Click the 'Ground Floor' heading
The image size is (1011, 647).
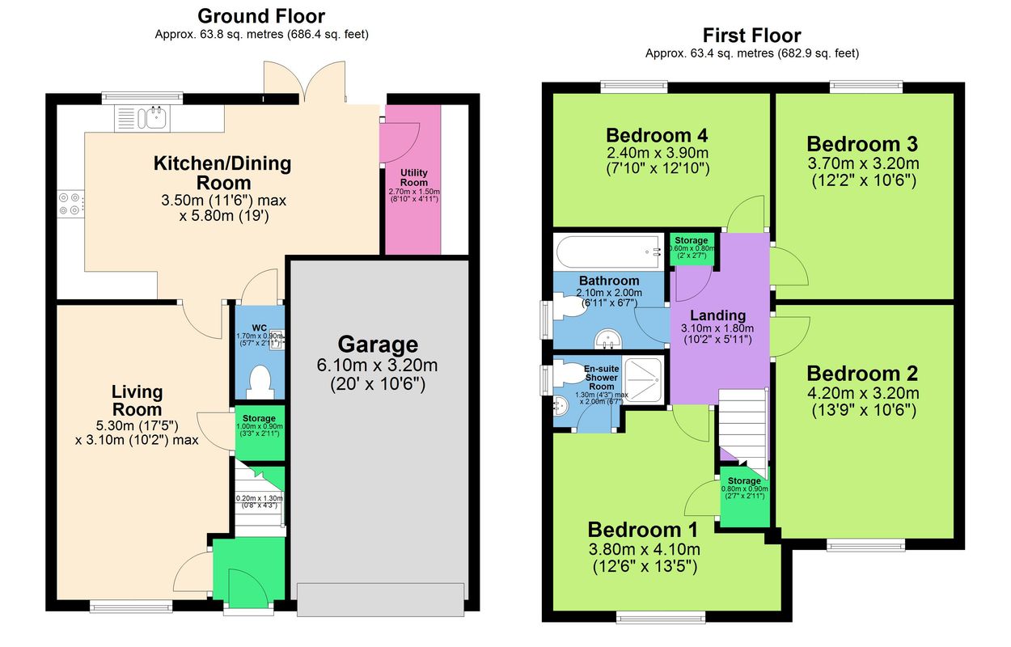[x=261, y=16]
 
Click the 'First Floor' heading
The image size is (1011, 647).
[x=751, y=36]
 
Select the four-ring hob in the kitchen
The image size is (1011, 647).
[x=70, y=204]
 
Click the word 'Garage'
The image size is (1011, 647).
[x=378, y=345]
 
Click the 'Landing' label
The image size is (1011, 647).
[x=717, y=315]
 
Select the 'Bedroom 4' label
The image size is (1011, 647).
[x=657, y=135]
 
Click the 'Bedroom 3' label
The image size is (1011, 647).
[x=862, y=145]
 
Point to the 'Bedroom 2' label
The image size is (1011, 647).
[x=862, y=374]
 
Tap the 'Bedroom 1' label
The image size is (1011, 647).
[x=643, y=530]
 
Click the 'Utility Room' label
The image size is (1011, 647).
[x=414, y=178]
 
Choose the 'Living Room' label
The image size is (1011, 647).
[x=137, y=400]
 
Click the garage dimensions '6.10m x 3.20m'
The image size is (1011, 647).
[x=378, y=366]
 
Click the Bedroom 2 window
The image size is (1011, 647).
[x=865, y=544]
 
